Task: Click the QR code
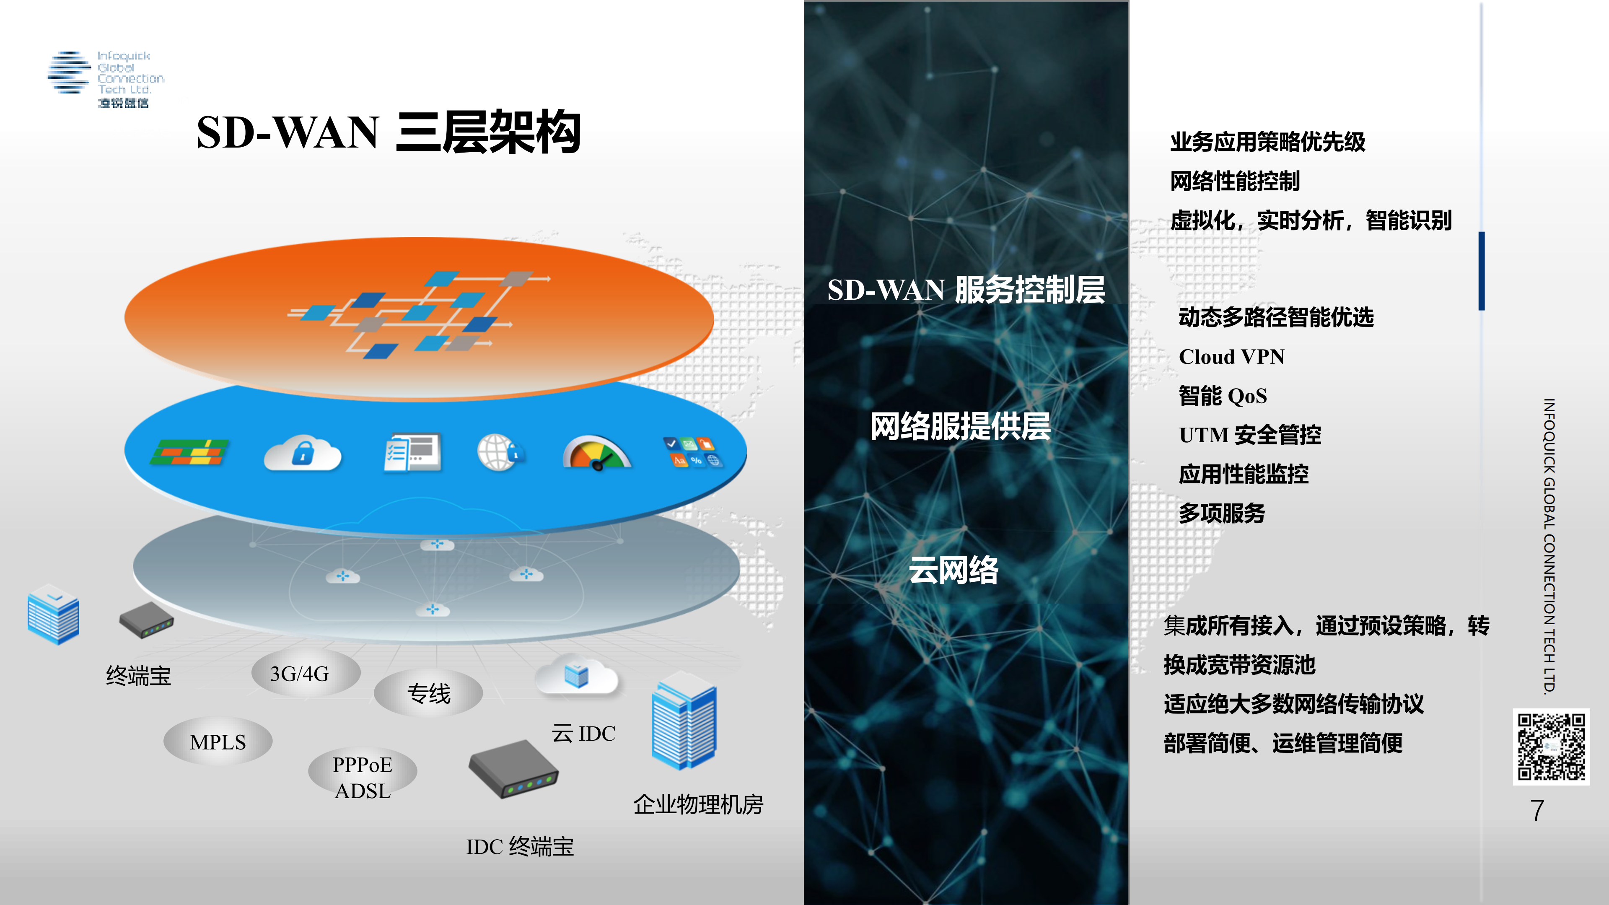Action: tap(1551, 747)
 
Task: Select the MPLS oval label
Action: tap(218, 742)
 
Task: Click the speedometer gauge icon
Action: tap(596, 453)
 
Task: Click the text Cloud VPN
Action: tap(1231, 357)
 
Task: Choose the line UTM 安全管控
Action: tap(1250, 435)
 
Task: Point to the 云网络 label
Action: tap(953, 570)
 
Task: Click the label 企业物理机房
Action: tap(698, 804)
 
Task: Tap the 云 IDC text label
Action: tap(583, 733)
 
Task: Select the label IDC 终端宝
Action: tap(520, 846)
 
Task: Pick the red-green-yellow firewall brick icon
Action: tap(189, 452)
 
